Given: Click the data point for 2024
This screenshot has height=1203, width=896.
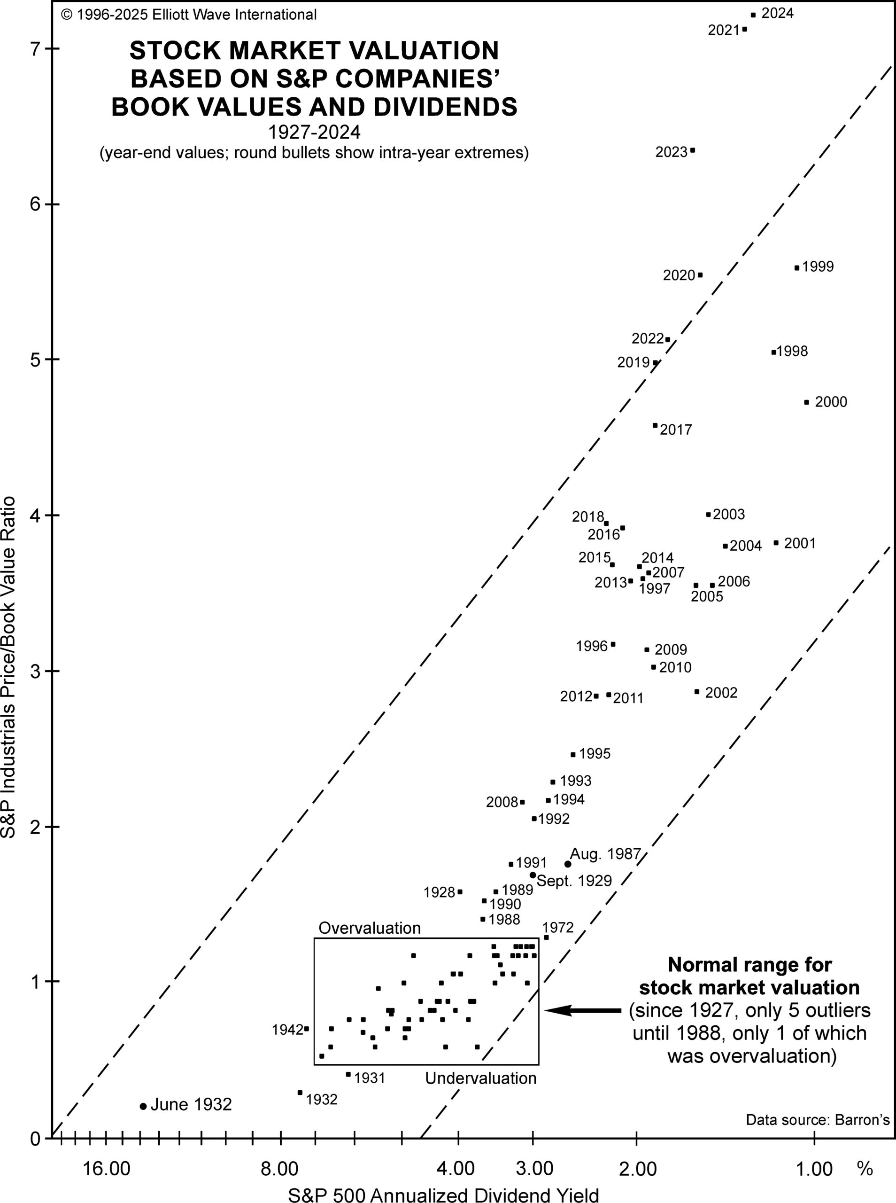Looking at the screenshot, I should pyautogui.click(x=753, y=15).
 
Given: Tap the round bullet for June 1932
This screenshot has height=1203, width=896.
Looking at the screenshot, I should pyautogui.click(x=143, y=1106).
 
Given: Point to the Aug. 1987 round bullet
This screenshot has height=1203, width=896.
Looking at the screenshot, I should pyautogui.click(x=568, y=864).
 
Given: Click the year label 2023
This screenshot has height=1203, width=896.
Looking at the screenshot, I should pyautogui.click(x=672, y=152).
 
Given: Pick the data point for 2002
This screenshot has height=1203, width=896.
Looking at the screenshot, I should pyautogui.click(x=697, y=691).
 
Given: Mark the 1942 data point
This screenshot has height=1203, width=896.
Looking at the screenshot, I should pyautogui.click(x=307, y=1028).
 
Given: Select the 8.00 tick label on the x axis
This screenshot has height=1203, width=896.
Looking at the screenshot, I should pyautogui.click(x=280, y=1168).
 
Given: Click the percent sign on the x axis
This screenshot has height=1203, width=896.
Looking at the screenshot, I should pyautogui.click(x=865, y=1168).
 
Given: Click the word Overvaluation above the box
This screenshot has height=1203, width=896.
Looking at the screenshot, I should pyautogui.click(x=370, y=928).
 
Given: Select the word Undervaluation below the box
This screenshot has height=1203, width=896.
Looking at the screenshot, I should pyautogui.click(x=480, y=1078).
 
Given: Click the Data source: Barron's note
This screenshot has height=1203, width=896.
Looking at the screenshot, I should pyautogui.click(x=818, y=1119).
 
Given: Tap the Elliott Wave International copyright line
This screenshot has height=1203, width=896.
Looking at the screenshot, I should pyautogui.click(x=189, y=15).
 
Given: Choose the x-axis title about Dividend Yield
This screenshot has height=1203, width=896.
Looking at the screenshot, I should pyautogui.click(x=443, y=1192).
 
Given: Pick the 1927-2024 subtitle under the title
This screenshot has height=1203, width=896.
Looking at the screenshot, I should pyautogui.click(x=314, y=133).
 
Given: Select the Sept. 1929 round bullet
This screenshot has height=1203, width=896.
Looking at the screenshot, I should pyautogui.click(x=533, y=875).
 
